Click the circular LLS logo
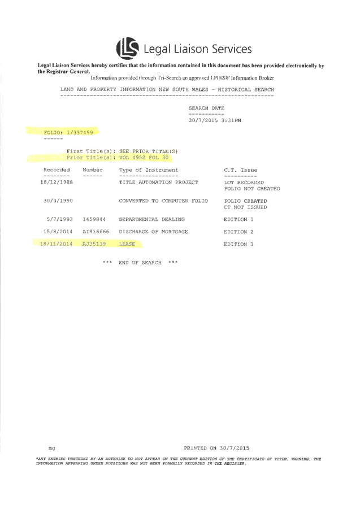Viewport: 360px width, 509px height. tap(127, 49)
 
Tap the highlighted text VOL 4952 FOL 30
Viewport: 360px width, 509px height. tap(144, 158)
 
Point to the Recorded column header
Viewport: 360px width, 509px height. tap(57, 169)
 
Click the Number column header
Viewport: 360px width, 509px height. tap(92, 169)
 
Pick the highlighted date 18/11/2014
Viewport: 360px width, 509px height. tap(57, 244)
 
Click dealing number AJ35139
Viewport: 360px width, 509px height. tap(94, 244)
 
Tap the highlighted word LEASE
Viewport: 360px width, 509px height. tap(127, 244)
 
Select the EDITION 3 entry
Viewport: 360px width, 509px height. tap(239, 244)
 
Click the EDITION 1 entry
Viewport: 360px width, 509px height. tap(239, 219)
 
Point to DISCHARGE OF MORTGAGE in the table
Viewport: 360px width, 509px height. tap(154, 232)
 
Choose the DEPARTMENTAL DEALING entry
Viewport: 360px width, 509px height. tap(152, 219)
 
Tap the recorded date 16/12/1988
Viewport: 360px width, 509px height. tap(57, 182)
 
